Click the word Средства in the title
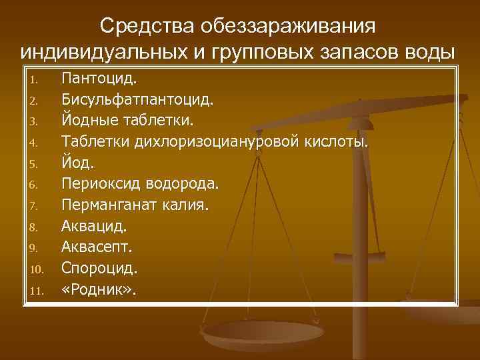tap(139, 26)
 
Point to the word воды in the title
tap(429, 52)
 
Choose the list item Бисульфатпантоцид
tap(137, 101)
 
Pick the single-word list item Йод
tap(78, 163)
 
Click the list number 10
tap(37, 270)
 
